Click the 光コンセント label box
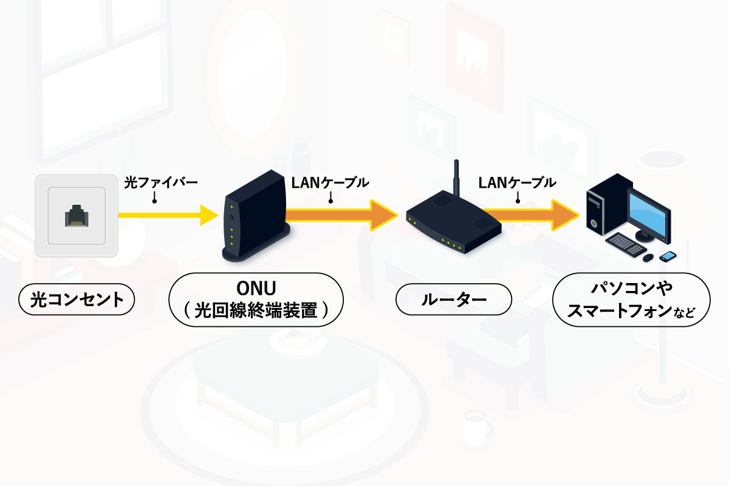77,299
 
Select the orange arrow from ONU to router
340,214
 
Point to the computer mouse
648,258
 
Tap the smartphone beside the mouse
667,256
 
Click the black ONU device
255,219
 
